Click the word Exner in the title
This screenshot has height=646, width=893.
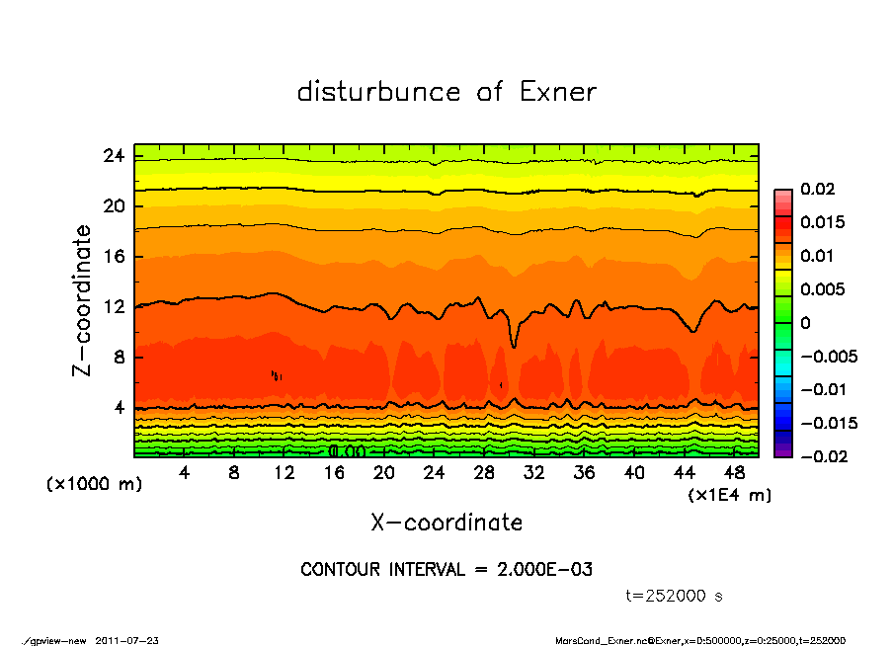[x=557, y=92]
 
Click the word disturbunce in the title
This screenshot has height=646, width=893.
[x=379, y=92]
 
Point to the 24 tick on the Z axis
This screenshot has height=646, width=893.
[x=115, y=156]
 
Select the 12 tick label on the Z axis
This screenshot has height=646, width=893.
[x=115, y=307]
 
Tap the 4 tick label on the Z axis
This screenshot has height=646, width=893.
[x=120, y=407]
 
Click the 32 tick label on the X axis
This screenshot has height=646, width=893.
[x=534, y=473]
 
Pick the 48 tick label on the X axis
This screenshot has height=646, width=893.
[x=734, y=473]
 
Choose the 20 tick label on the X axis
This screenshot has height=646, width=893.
[x=384, y=473]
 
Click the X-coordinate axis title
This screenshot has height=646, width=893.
[x=446, y=522]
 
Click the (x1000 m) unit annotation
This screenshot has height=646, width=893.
[x=83, y=485]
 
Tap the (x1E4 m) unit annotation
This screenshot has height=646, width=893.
[x=729, y=494]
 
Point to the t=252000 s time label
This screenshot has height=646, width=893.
[x=675, y=596]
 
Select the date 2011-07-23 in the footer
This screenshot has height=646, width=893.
[x=127, y=640]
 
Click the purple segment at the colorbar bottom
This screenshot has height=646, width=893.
[x=782, y=451]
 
